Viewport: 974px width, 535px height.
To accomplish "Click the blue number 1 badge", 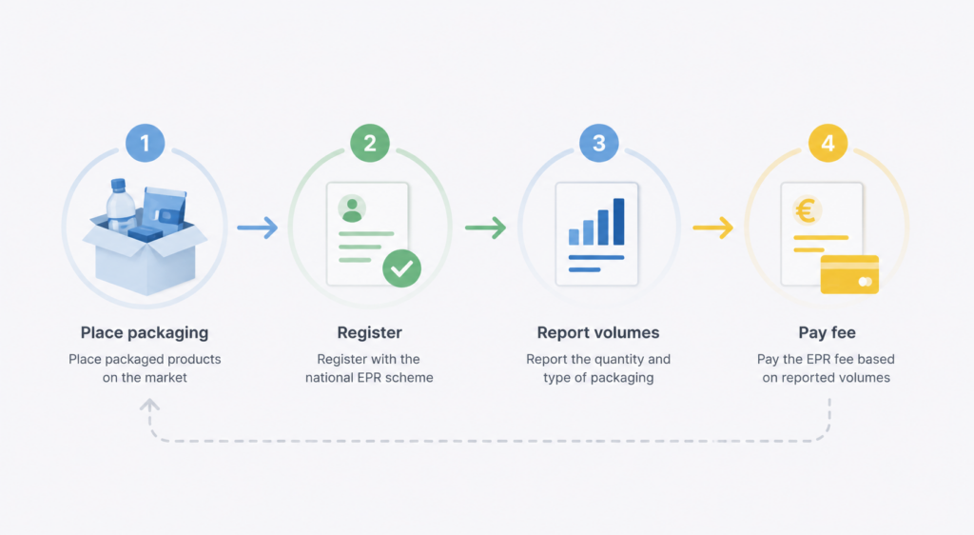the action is pyautogui.click(x=145, y=143).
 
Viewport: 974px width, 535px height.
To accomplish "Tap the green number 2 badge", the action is pyautogui.click(x=370, y=143).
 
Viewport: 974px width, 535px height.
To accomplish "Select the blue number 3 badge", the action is pyautogui.click(x=599, y=143).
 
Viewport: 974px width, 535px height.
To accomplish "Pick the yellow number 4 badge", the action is pyautogui.click(x=828, y=143).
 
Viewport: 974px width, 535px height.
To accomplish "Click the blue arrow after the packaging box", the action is pyautogui.click(x=257, y=228).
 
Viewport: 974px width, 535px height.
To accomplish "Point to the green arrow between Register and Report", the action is pyautogui.click(x=485, y=228).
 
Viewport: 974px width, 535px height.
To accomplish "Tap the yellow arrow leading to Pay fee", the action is pyautogui.click(x=713, y=228).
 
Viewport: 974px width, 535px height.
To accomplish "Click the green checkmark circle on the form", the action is pyautogui.click(x=402, y=268).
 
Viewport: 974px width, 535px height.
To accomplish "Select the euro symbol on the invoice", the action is pyautogui.click(x=806, y=210).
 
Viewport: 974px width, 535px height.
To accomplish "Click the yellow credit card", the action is pyautogui.click(x=849, y=274).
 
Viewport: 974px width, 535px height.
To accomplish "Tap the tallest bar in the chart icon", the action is pyautogui.click(x=618, y=221).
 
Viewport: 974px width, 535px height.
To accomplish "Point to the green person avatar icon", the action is pyautogui.click(x=352, y=209).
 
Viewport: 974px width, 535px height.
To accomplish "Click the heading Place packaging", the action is pyautogui.click(x=145, y=333).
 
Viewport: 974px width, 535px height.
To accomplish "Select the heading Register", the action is pyautogui.click(x=370, y=333).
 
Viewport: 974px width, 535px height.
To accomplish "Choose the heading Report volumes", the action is pyautogui.click(x=598, y=333).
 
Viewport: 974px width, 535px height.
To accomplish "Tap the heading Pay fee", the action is pyautogui.click(x=828, y=333).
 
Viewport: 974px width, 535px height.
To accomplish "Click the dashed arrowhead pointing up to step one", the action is pyautogui.click(x=149, y=406).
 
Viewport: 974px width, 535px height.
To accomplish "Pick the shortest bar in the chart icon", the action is pyautogui.click(x=574, y=237).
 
